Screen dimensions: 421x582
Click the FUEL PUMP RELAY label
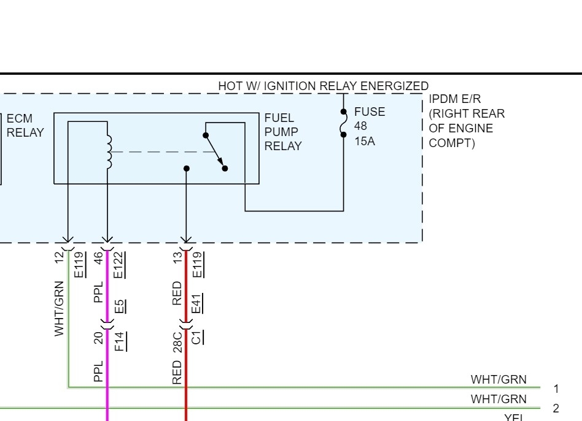(283, 132)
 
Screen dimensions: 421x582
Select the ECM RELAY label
(25, 125)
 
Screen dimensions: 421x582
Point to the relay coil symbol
(109, 151)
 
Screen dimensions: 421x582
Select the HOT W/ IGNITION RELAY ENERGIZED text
(323, 86)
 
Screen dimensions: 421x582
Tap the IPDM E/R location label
(466, 121)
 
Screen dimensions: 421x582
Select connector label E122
(119, 265)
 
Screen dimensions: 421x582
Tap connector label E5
(119, 305)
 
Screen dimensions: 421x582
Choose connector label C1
(198, 337)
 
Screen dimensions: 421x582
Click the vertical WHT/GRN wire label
(60, 308)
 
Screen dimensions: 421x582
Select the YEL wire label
(513, 417)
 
